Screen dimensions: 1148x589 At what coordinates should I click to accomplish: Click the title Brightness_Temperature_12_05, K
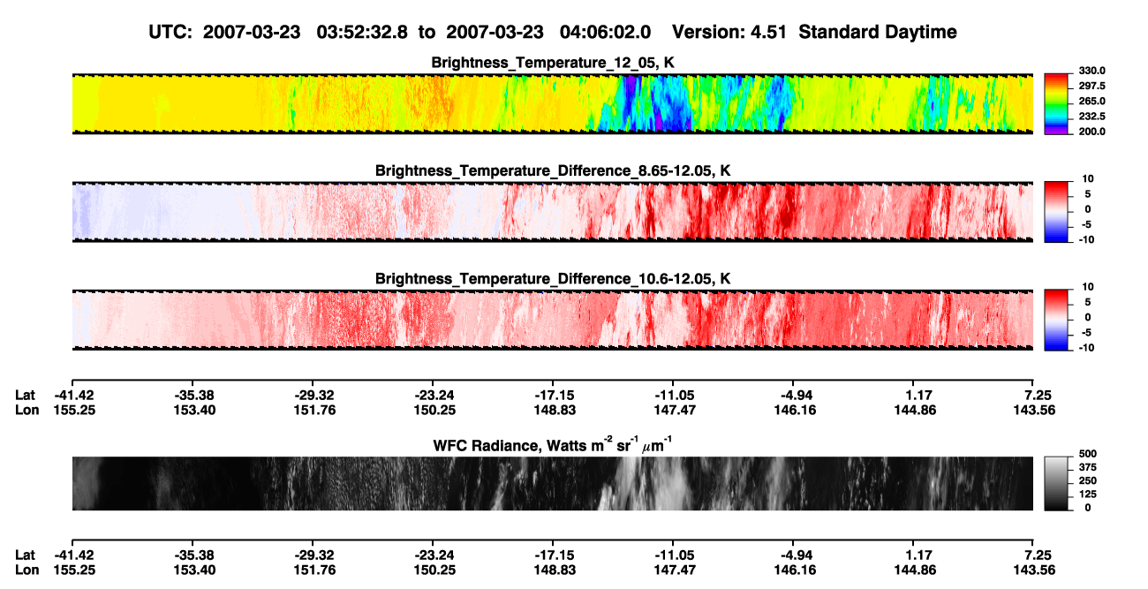click(553, 63)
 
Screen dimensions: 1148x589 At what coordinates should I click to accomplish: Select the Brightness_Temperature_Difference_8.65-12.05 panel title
click(553, 170)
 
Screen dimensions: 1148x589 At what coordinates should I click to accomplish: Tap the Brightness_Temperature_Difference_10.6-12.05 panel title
click(553, 279)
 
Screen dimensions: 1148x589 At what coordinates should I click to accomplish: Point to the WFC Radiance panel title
click(553, 444)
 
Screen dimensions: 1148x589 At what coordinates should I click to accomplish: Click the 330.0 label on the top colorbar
click(1091, 71)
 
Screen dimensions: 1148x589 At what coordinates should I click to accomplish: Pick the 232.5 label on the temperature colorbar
click(1091, 117)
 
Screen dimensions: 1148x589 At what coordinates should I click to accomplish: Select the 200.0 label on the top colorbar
click(1091, 132)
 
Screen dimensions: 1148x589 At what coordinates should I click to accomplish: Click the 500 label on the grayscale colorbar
click(1088, 454)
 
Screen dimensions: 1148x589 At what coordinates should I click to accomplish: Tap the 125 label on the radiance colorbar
click(1088, 495)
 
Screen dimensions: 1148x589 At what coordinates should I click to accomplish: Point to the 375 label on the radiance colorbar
click(1088, 467)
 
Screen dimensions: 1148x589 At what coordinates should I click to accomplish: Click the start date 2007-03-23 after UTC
click(252, 33)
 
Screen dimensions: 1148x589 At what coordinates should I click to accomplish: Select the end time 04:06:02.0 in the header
click(605, 33)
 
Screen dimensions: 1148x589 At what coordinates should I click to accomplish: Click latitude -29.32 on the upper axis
click(314, 396)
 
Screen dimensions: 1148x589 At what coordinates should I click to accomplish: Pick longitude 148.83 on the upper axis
click(555, 410)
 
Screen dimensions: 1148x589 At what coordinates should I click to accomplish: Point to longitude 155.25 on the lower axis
click(74, 570)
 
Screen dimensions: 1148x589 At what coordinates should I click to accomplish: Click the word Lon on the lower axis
click(26, 570)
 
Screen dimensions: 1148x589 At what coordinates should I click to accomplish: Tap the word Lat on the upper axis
click(25, 396)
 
